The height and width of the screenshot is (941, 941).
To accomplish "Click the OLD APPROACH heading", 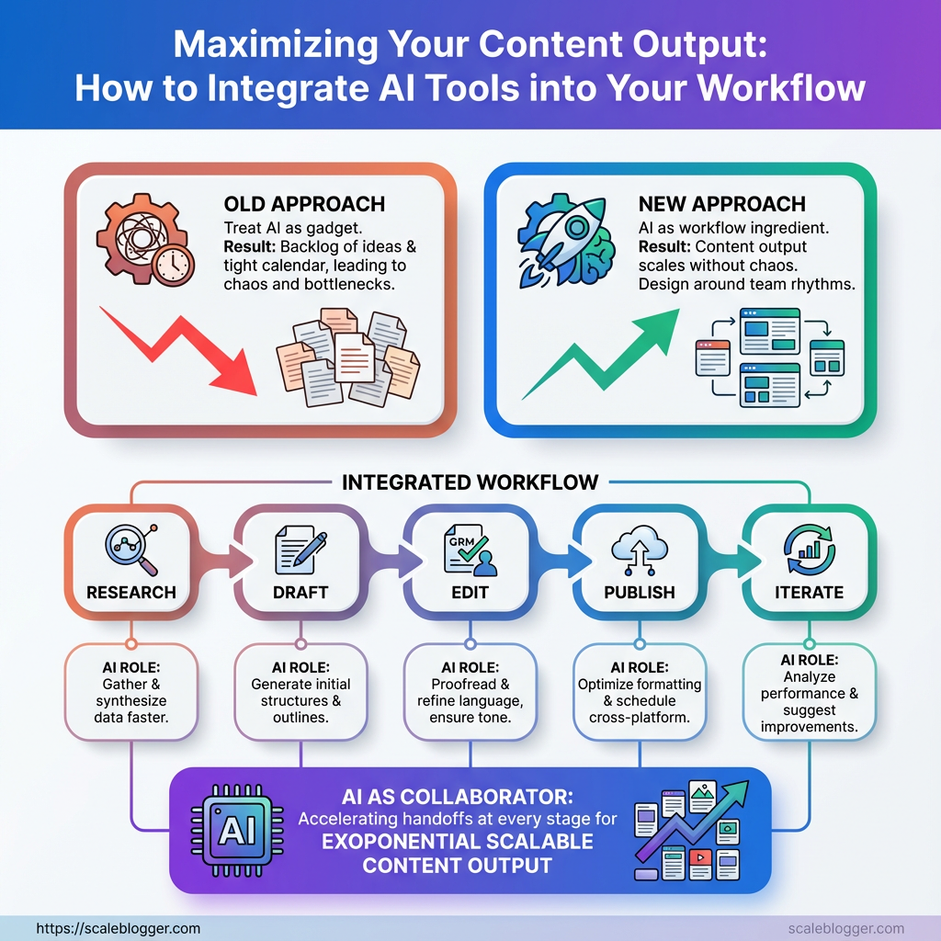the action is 304,204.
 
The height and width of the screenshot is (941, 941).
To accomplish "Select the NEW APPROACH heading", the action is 722,204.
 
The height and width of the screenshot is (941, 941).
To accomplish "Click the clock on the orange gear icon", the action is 173,264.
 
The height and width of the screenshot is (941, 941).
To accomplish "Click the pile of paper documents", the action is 348,358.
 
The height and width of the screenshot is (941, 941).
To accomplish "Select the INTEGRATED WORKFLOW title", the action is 470,482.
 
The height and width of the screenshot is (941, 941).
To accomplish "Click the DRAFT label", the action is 300,593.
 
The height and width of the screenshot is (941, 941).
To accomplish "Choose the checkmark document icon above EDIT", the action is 470,550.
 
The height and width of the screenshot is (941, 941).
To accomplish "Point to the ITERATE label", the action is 809,593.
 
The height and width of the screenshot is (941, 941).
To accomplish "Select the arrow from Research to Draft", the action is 225,561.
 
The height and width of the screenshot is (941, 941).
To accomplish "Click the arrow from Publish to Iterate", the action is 733,561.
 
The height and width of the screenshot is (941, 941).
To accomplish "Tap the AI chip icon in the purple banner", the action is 237,831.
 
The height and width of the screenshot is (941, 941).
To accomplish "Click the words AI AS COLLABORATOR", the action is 458,797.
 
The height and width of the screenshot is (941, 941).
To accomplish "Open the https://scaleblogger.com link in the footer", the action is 119,928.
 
